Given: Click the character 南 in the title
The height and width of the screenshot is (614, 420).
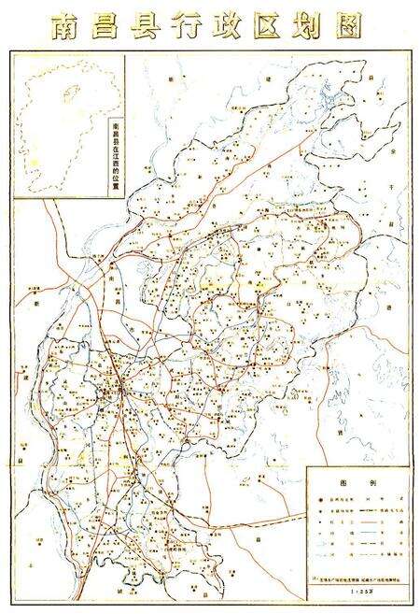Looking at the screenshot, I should click(66, 26).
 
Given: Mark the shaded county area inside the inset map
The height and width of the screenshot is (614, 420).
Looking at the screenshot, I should click(66, 93).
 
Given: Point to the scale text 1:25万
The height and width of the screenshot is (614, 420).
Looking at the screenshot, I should click(358, 592).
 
